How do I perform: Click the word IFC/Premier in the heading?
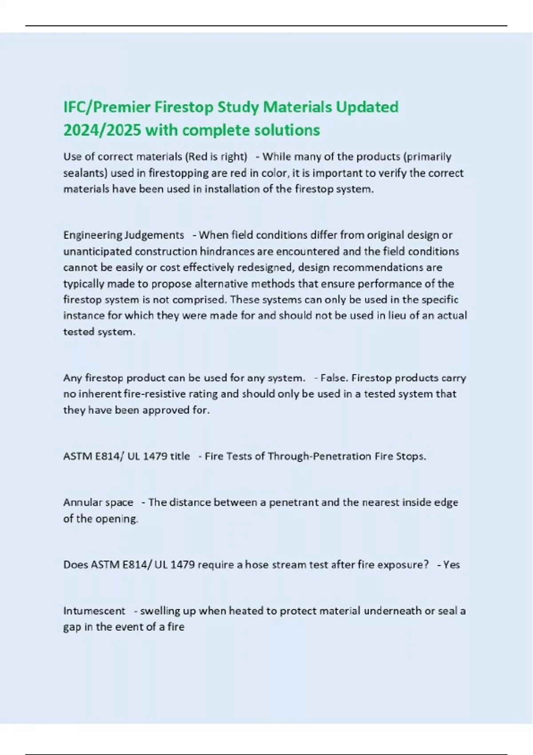[107, 107]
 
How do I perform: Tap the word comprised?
[200, 300]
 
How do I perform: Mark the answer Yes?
[451, 565]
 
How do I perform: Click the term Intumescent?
[94, 611]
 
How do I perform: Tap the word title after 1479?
[180, 457]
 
